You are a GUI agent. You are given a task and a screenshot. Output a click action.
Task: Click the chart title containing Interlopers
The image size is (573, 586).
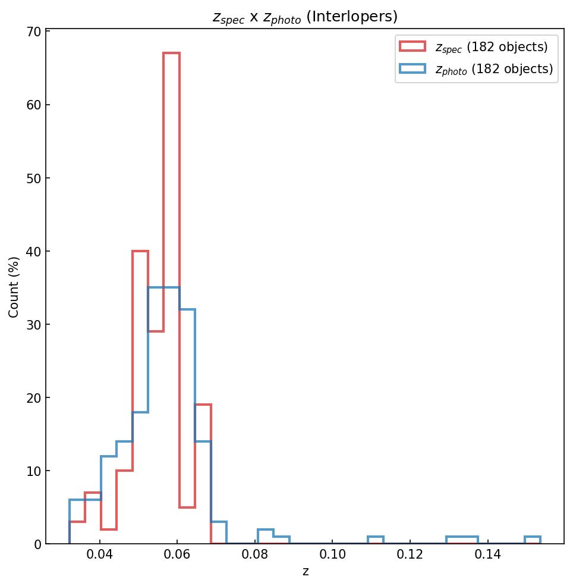305,17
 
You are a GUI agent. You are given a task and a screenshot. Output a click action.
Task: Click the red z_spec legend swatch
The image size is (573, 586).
412,46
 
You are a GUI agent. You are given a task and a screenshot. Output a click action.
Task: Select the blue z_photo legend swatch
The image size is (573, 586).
412,69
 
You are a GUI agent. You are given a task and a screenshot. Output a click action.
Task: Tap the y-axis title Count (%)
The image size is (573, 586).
14,287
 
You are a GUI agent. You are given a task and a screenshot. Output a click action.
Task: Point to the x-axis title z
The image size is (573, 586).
306,572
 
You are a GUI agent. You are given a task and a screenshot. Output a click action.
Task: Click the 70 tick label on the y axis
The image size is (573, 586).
33,32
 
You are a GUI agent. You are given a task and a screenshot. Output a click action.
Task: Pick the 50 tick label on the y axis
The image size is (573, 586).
33,178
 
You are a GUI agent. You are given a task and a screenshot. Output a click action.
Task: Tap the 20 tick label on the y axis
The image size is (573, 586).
33,398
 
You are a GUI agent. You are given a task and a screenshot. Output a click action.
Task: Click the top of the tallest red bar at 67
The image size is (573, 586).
171,54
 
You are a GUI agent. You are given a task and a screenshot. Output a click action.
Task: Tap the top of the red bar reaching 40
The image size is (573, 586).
140,252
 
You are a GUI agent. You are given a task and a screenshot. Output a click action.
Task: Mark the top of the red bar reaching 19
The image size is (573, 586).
203,405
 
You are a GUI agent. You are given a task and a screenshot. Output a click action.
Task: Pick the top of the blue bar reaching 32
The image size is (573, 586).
187,310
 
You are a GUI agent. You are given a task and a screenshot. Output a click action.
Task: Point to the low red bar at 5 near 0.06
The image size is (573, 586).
187,507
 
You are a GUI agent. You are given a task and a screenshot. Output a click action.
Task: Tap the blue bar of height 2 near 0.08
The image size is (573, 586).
266,530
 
